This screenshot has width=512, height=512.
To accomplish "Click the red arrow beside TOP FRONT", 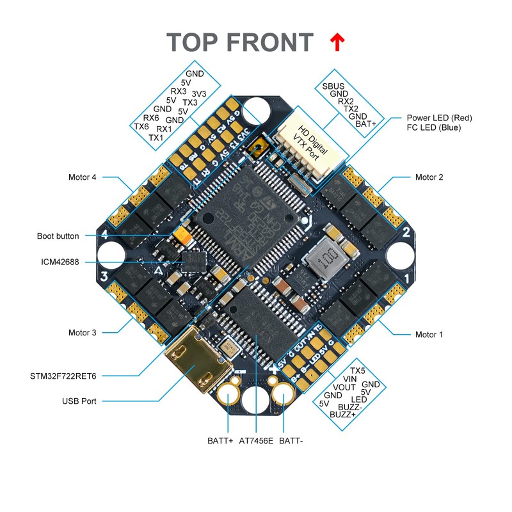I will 337,42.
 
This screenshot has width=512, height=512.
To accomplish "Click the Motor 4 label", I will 82,177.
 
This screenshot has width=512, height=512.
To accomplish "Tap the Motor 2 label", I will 429,177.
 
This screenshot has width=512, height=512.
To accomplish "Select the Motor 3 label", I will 82,332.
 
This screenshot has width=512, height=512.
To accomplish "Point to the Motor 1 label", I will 429,334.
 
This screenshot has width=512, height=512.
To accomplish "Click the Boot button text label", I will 58,236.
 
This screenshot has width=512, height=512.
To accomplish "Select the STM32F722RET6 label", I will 67,375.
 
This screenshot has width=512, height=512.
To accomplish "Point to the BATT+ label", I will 221,441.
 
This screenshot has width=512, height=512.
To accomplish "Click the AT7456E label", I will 256,441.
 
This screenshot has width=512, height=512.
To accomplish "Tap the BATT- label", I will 291,441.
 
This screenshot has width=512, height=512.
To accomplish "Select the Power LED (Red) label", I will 439,118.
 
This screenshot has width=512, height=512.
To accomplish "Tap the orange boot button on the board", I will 184,235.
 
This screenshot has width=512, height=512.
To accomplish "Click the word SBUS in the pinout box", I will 333,86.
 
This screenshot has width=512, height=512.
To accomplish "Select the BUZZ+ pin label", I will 342,415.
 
